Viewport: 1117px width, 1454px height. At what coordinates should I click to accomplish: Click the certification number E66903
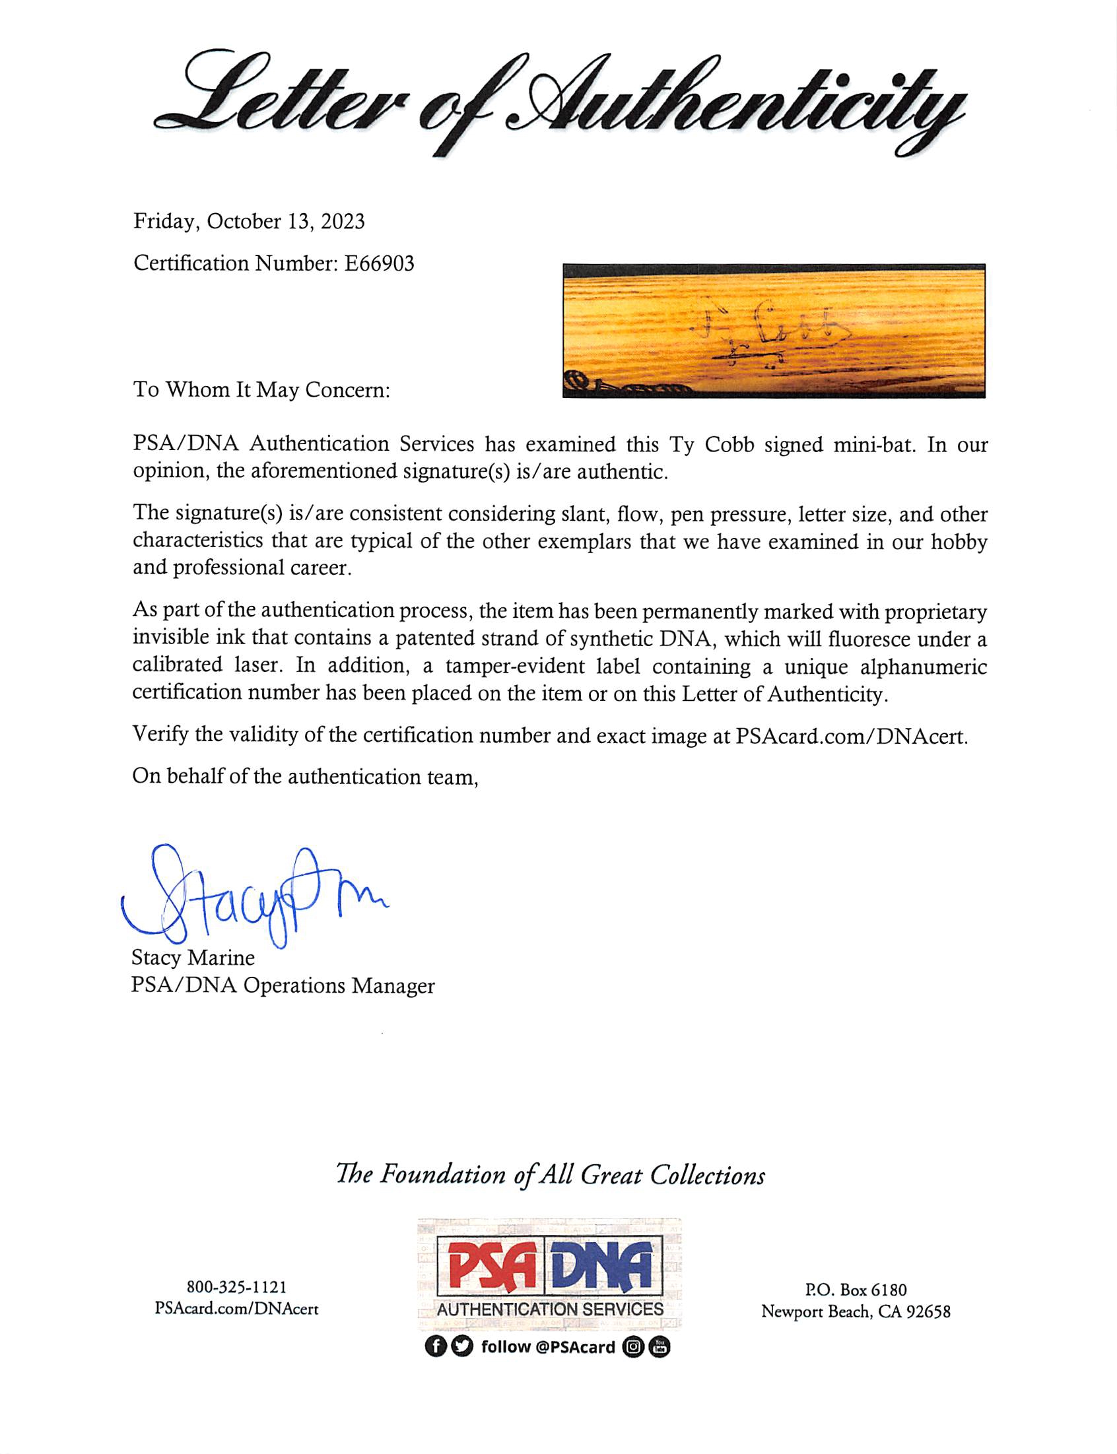(379, 264)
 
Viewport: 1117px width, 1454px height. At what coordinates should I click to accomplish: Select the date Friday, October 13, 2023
(249, 221)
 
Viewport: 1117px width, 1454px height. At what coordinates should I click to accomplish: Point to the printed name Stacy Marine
(193, 958)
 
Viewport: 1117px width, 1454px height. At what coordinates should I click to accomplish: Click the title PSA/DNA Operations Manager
(283, 985)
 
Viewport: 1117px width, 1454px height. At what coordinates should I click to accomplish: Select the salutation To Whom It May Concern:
(261, 389)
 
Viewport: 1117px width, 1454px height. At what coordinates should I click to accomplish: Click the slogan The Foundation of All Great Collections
(551, 1175)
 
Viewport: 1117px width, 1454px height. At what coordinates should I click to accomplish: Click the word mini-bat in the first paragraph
(873, 444)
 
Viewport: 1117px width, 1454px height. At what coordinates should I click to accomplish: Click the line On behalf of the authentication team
(305, 776)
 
